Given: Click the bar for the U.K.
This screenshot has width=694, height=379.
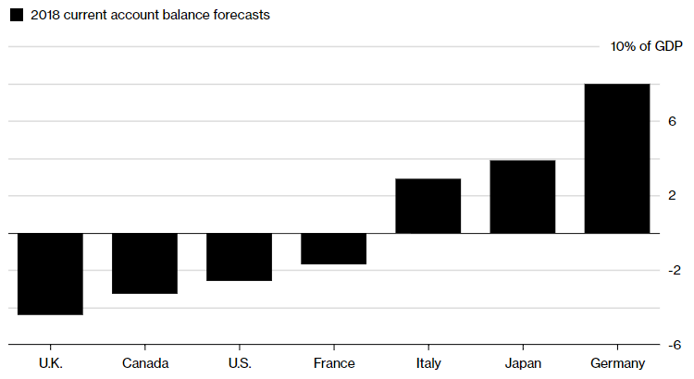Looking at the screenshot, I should [x=50, y=274].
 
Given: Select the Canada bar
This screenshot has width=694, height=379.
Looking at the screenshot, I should [x=144, y=263].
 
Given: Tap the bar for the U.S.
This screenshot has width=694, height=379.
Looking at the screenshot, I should [x=239, y=257].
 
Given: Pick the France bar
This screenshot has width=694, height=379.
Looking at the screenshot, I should [x=334, y=249].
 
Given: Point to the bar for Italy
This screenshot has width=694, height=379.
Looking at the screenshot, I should [x=428, y=206].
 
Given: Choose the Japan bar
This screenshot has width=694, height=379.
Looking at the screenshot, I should [x=522, y=197].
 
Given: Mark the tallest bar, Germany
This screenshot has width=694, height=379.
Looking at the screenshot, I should [x=617, y=159].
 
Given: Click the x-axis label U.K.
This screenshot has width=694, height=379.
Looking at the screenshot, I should [x=50, y=362].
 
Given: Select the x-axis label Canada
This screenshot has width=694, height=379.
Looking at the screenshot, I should [x=145, y=362].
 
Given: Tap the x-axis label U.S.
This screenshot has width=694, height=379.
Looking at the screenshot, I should [x=239, y=362].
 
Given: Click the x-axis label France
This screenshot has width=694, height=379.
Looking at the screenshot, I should [x=334, y=362].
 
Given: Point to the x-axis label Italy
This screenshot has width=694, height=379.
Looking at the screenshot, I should [x=428, y=362].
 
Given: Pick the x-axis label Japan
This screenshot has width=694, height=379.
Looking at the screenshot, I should [x=523, y=362].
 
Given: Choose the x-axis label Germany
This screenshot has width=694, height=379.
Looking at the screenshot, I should [x=617, y=362].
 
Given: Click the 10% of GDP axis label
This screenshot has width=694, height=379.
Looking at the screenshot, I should [x=646, y=47].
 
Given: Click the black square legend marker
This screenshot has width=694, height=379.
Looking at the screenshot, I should [x=16, y=15].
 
